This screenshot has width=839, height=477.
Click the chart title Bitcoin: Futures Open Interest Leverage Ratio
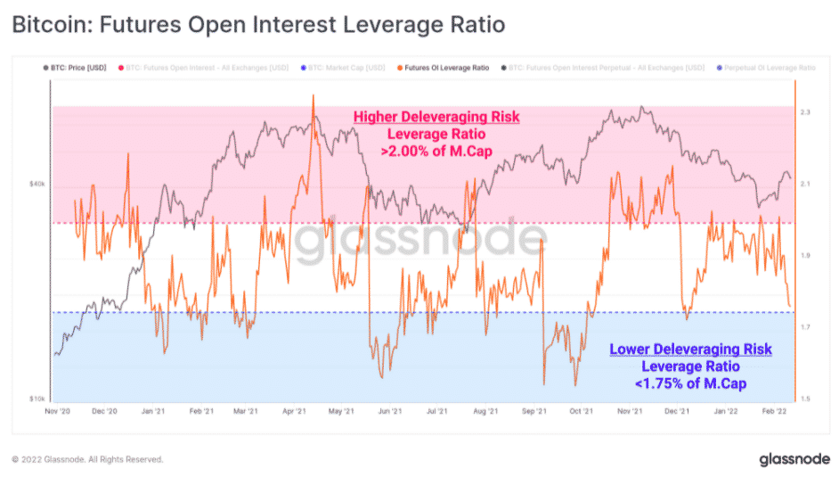(x=257, y=24)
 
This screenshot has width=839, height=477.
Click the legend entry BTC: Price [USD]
(x=77, y=67)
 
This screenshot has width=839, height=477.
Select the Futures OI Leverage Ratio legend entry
(x=447, y=67)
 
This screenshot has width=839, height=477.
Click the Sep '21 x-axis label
(x=534, y=412)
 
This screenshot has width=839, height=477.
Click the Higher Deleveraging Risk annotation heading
(x=436, y=117)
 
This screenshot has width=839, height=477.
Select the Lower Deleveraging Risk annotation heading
(x=690, y=349)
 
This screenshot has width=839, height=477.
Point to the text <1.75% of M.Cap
(x=690, y=382)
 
